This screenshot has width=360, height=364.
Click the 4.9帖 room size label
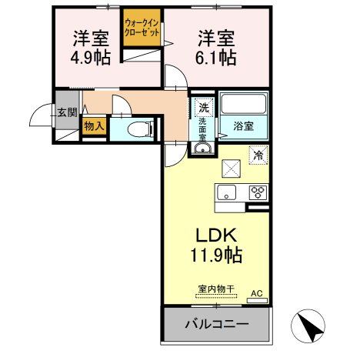[91, 58]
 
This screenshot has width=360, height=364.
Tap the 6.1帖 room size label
[215, 58]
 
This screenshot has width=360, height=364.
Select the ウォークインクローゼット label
[142, 28]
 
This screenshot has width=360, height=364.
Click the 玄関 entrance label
[67, 112]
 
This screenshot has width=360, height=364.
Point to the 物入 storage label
[94, 126]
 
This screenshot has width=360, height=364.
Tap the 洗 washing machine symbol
[204, 107]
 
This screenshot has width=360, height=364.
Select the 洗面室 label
[202, 129]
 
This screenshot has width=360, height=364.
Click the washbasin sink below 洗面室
[202, 148]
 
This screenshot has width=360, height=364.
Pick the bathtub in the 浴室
[243, 104]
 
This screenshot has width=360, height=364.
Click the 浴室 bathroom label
[243, 126]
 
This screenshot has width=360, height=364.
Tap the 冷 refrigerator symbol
[258, 155]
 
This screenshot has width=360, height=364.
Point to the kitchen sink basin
[226, 192]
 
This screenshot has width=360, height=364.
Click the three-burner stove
[258, 192]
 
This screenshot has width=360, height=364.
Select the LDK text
[216, 235]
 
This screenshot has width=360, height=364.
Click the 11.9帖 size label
[216, 255]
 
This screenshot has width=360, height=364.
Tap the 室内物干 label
[216, 289]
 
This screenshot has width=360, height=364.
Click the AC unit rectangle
[257, 300]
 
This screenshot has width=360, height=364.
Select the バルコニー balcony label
[217, 324]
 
